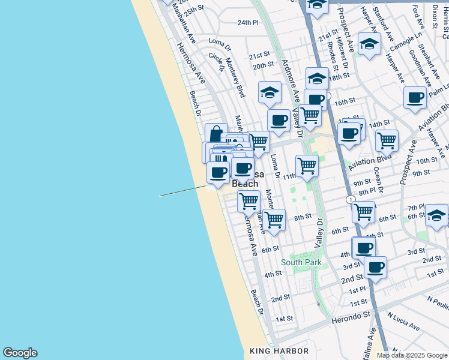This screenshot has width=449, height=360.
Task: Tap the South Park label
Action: click(301, 262)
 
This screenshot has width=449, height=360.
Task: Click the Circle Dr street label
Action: click(215, 62)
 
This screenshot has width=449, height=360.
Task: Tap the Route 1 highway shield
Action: click(350, 199)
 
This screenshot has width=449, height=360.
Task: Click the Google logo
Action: click(20, 353)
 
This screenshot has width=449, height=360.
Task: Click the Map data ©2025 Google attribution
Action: click(412, 355)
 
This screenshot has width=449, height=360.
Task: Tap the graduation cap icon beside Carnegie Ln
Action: click(369, 44)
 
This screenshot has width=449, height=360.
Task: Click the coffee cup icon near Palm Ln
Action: click(415, 98)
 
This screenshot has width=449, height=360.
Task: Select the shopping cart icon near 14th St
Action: click(387, 140)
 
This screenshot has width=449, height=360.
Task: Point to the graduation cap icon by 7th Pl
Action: click(436, 215)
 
